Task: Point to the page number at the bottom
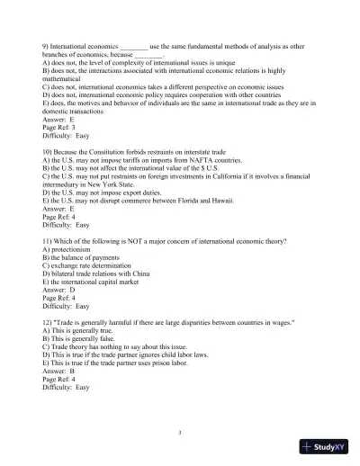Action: click(180, 433)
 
